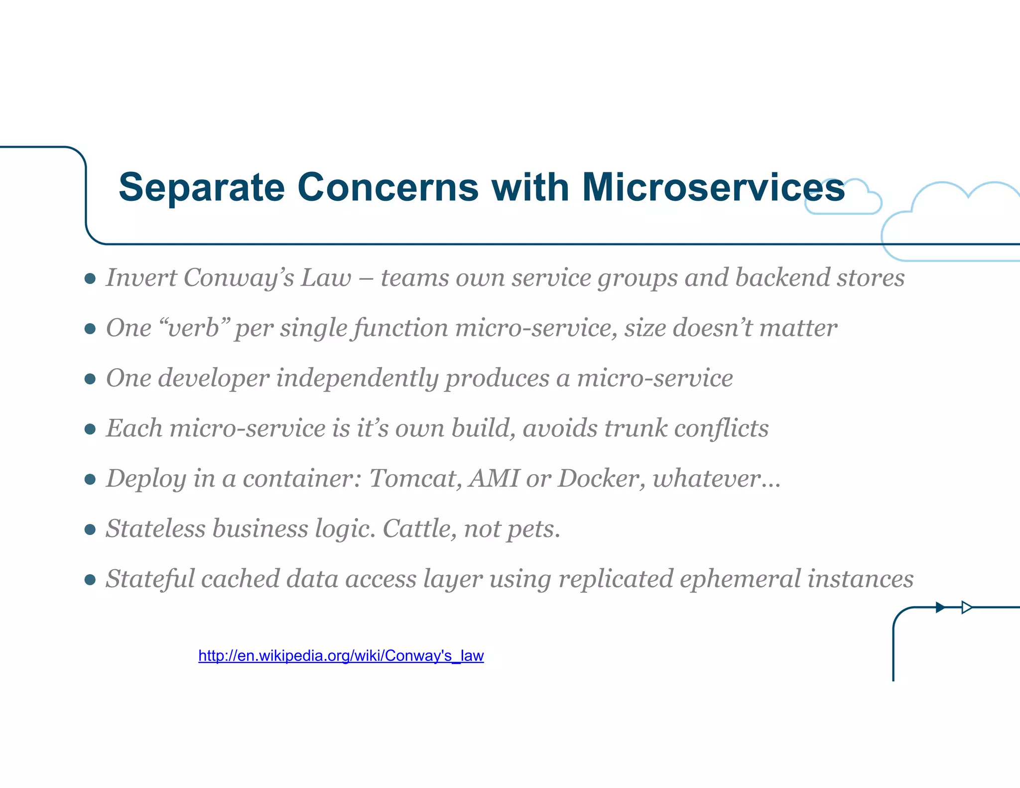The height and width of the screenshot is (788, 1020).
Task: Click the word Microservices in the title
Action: (x=713, y=188)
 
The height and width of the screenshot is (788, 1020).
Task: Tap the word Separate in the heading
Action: (x=202, y=188)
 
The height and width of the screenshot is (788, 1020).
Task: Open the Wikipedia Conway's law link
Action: (x=341, y=656)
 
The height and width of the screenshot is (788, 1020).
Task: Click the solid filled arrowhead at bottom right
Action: (x=940, y=607)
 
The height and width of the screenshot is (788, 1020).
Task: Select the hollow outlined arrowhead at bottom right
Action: (x=966, y=607)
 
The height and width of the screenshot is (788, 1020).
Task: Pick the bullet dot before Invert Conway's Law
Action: (x=90, y=278)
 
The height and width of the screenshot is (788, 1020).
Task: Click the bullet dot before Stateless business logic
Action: (x=90, y=529)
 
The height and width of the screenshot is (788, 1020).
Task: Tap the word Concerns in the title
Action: (x=388, y=188)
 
